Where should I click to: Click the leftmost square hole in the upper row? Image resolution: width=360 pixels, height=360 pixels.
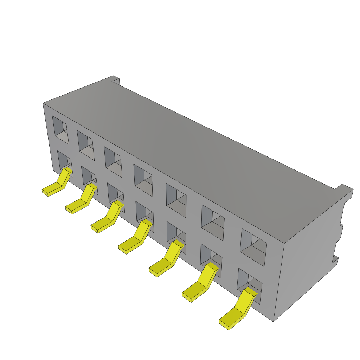[x=60, y=130]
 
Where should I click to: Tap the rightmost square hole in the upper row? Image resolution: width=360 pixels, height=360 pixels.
[x=253, y=247]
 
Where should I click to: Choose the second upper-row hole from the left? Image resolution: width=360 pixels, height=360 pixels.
[x=86, y=145]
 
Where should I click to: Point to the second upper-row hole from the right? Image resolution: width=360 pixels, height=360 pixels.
[x=213, y=223]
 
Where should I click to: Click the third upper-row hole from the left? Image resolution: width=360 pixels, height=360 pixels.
[x=113, y=162]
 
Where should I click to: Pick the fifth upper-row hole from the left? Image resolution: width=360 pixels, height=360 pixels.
[x=176, y=200]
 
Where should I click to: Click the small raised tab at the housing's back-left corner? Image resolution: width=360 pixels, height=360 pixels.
[x=116, y=81]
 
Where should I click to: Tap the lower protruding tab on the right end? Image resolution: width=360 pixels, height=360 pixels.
[x=335, y=260]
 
